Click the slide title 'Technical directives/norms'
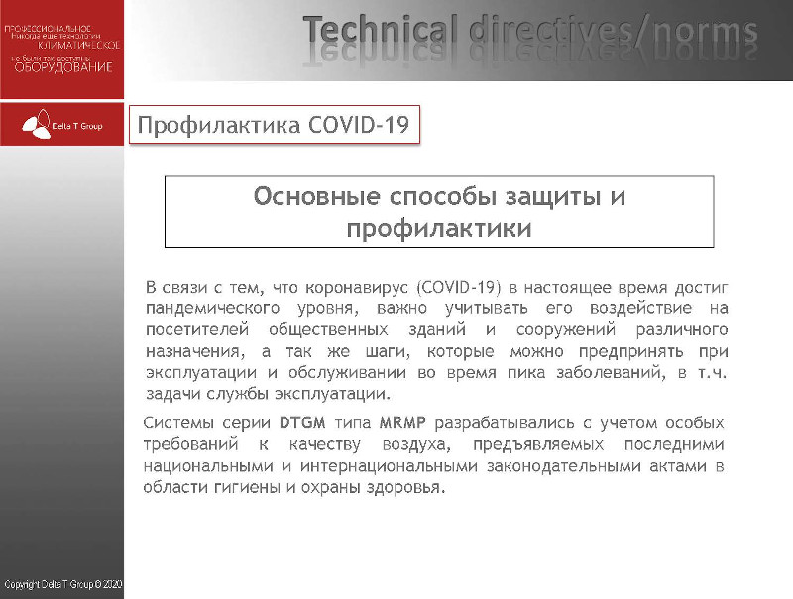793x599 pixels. pos(530,32)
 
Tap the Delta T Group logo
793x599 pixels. pos(62,126)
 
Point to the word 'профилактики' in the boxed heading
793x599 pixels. pos(438,228)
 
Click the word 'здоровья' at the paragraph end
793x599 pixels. pos(405,488)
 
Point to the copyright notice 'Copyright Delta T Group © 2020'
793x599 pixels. pos(61,586)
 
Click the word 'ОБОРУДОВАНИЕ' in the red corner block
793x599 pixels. pos(62,67)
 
